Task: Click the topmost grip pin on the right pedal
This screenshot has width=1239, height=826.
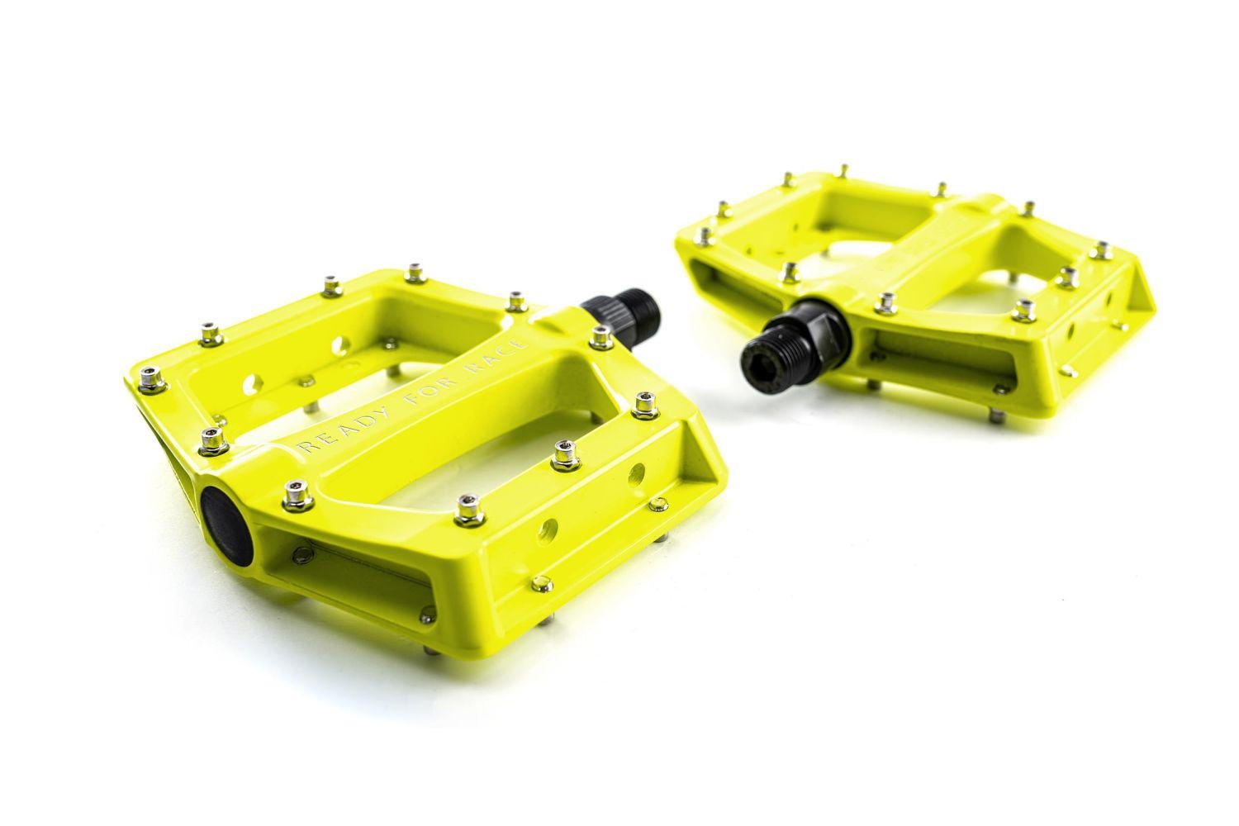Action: (x=843, y=171)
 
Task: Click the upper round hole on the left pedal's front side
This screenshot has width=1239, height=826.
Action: (x=636, y=473)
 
